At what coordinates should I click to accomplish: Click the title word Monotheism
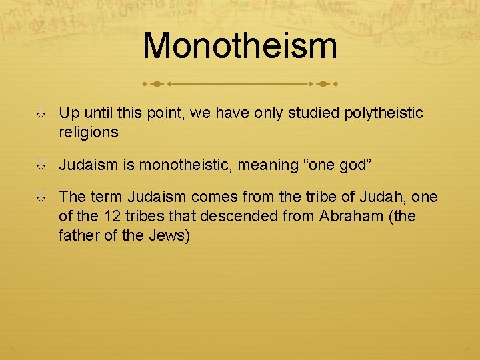pyautogui.click(x=240, y=46)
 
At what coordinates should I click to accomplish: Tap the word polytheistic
pyautogui.click(x=383, y=113)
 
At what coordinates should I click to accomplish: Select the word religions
pyautogui.click(x=89, y=132)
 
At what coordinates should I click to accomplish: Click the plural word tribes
pyautogui.click(x=147, y=215)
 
